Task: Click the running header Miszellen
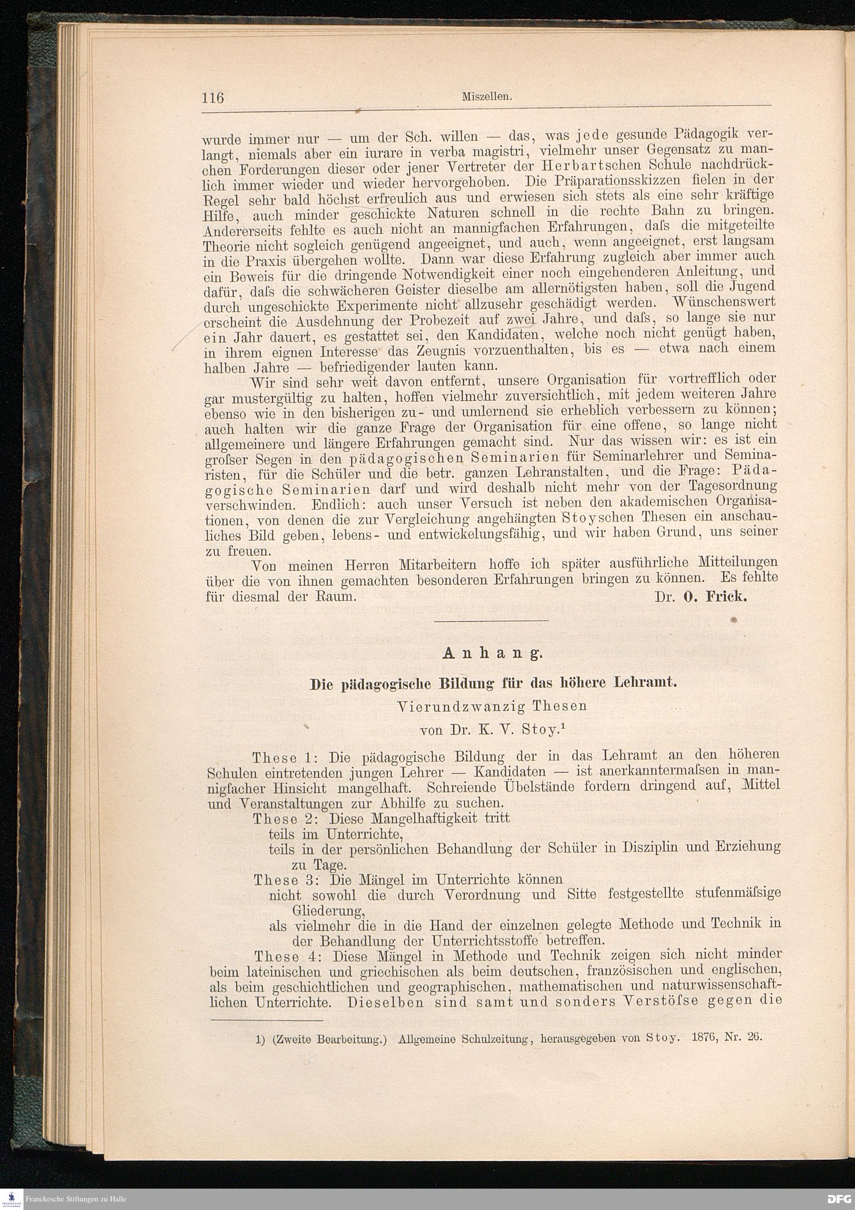[x=487, y=97]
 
